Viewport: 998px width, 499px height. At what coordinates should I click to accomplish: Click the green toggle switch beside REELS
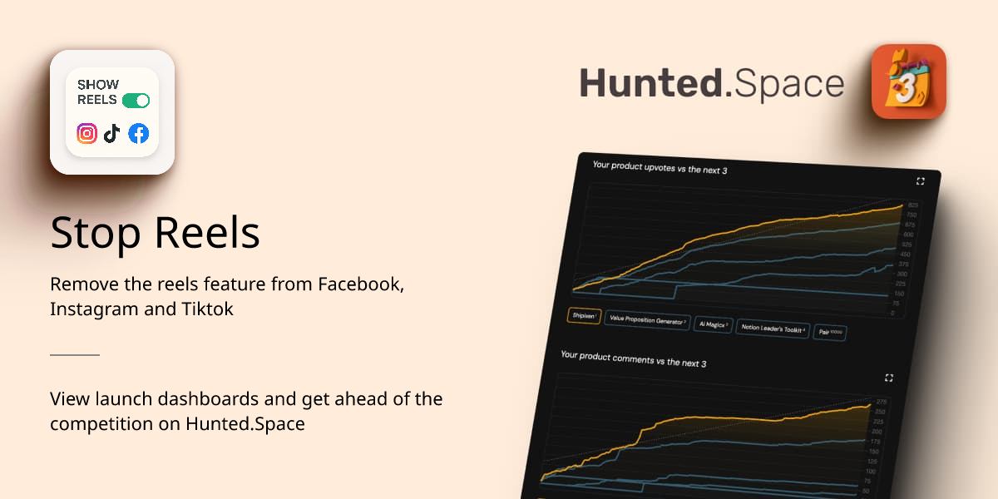tap(136, 101)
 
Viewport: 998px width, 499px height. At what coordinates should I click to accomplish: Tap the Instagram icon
tap(87, 133)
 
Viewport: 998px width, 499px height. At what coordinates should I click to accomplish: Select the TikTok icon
tap(112, 133)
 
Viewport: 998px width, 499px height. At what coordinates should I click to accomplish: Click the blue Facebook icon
tap(138, 133)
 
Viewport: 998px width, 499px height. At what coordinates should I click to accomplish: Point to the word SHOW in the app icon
tap(98, 85)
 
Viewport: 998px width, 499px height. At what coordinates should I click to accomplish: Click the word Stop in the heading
tap(85, 234)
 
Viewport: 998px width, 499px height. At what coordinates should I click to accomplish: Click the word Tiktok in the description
tap(207, 309)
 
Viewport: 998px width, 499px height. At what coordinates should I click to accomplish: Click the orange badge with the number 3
tap(908, 82)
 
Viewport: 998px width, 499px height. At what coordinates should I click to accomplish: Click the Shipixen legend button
tap(584, 316)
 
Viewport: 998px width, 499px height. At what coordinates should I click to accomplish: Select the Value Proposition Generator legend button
tap(648, 320)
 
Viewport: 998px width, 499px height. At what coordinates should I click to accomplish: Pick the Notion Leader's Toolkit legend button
tap(773, 329)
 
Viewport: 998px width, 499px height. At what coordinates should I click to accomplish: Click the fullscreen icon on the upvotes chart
tap(920, 181)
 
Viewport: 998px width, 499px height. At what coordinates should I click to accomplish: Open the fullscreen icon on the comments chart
tap(889, 378)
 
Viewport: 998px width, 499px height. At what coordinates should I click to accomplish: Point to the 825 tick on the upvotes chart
tap(912, 205)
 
